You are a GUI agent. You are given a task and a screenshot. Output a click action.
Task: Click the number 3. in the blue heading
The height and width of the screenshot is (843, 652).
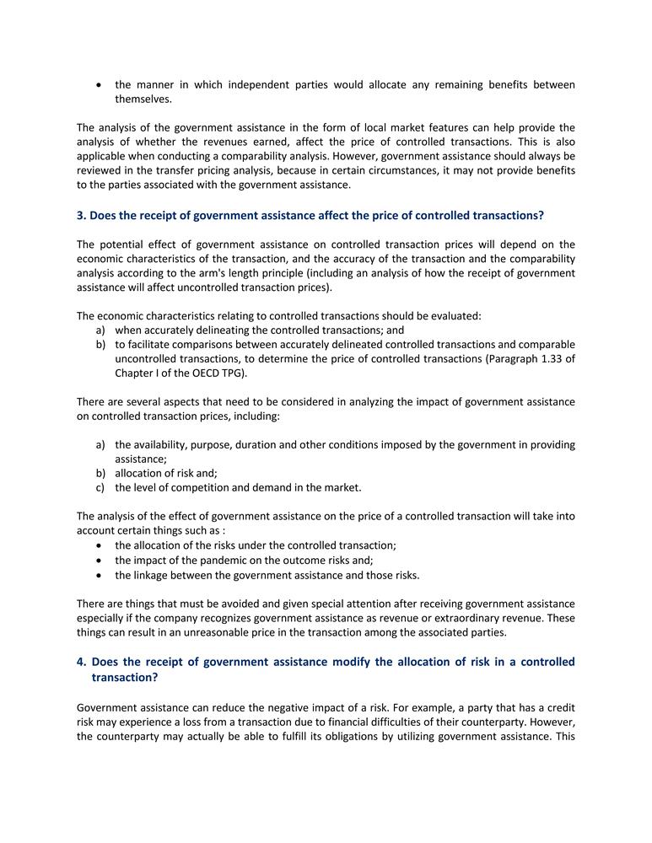pos(81,216)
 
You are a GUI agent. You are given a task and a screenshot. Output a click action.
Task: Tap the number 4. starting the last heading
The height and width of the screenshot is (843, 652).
pos(81,662)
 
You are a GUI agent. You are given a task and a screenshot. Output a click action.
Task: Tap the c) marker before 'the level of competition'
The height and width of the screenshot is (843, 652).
pos(100,487)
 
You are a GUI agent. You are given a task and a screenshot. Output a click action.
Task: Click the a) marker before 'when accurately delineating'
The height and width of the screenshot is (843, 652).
pos(100,330)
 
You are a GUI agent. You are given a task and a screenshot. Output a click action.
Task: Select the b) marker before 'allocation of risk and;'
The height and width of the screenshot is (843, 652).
pos(100,473)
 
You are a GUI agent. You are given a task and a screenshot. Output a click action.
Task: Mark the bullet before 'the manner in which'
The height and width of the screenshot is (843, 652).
pos(100,85)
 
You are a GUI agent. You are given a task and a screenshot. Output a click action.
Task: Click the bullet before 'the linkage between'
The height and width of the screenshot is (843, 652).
pos(100,575)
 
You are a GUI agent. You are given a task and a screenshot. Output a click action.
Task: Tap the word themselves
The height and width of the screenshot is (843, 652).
pos(143,99)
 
